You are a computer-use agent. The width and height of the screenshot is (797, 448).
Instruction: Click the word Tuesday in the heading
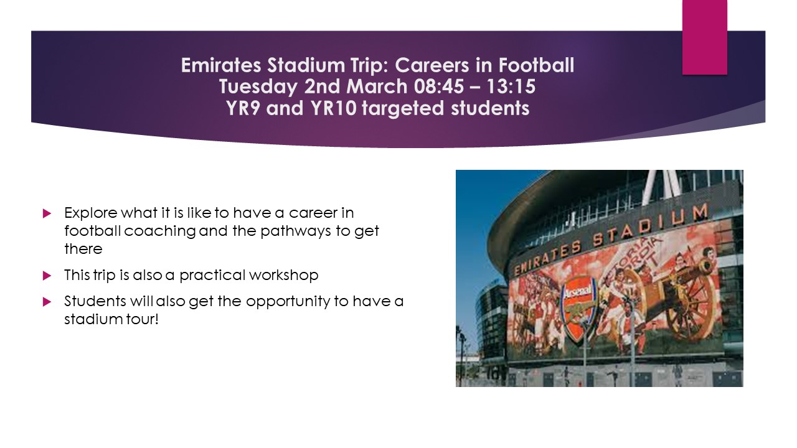pyautogui.click(x=258, y=87)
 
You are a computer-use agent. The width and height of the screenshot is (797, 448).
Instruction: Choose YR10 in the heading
pyautogui.click(x=333, y=108)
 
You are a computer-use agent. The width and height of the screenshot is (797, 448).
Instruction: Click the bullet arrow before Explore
pyautogui.click(x=47, y=213)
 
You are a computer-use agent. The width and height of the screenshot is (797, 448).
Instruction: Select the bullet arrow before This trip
pyautogui.click(x=47, y=276)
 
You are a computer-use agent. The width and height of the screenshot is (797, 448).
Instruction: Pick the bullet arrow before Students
pyautogui.click(x=47, y=302)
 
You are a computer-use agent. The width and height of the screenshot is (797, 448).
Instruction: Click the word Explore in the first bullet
pyautogui.click(x=91, y=213)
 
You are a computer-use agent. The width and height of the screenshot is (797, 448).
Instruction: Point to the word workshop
pyautogui.click(x=283, y=276)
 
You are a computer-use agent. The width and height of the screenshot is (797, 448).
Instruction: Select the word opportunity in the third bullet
pyautogui.click(x=288, y=302)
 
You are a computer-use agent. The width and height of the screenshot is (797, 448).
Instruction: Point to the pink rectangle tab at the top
pyautogui.click(x=704, y=37)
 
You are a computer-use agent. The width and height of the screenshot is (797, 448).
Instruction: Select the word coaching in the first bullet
pyautogui.click(x=160, y=231)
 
